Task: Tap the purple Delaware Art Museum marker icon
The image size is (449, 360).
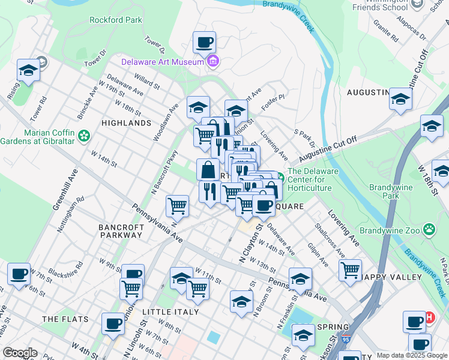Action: [212, 61]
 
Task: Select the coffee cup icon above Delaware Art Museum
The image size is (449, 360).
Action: [204, 42]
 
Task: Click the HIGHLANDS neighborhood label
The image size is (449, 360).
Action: [126, 123]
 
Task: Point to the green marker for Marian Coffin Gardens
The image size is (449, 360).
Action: [85, 136]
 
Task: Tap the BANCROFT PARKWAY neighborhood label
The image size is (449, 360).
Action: [121, 231]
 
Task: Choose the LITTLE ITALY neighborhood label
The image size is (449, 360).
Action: [166, 313]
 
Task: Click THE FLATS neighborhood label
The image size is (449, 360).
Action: [65, 319]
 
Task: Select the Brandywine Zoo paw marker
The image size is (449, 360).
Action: [429, 229]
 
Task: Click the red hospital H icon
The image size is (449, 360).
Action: [429, 317]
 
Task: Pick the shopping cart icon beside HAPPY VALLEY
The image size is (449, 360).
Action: [350, 269]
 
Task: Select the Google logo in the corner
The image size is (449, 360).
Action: [20, 353]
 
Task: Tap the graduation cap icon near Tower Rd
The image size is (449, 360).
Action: [28, 70]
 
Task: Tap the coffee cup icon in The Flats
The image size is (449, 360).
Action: [113, 323]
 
